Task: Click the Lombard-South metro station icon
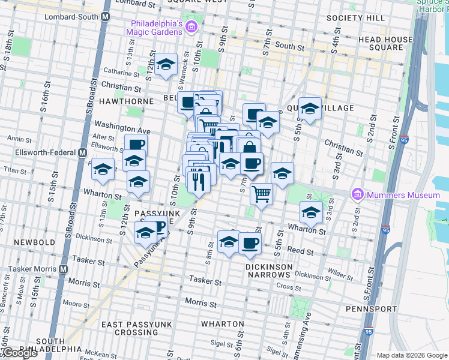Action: (x=105, y=17)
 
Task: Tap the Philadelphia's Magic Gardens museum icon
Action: (x=191, y=26)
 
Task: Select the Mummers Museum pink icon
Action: (x=358, y=194)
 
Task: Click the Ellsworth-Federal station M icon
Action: (x=82, y=152)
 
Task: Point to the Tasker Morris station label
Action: (x=31, y=271)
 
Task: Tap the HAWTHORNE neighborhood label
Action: (x=127, y=101)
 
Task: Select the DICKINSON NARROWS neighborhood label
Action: (x=268, y=271)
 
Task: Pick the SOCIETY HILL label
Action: (x=355, y=18)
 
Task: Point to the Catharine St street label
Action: (x=121, y=73)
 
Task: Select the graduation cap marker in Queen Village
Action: (x=310, y=109)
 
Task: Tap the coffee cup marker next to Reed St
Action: (x=250, y=244)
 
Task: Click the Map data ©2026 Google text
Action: (x=412, y=355)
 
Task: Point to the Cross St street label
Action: (x=289, y=287)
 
